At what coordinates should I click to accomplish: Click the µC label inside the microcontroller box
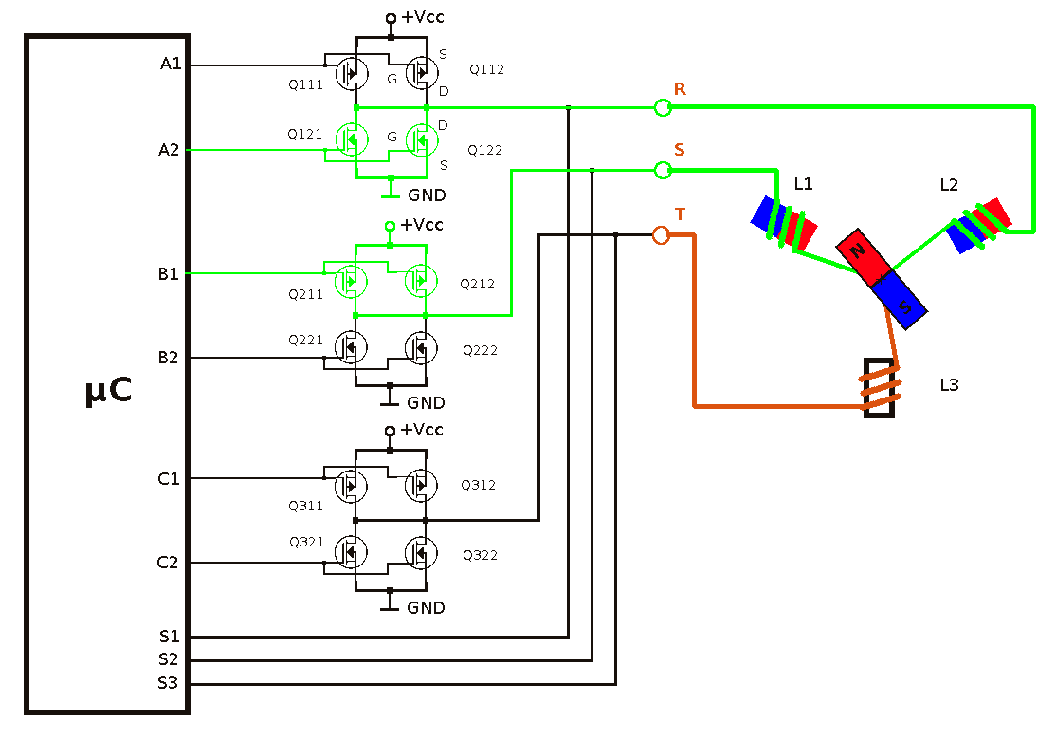[x=108, y=390]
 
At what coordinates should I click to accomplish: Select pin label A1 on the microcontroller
[x=171, y=64]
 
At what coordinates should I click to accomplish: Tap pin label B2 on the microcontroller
[x=169, y=358]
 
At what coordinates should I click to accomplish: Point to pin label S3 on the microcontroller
[x=169, y=683]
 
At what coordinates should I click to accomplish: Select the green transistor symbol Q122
[x=422, y=140]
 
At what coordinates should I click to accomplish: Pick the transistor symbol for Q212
[x=421, y=281]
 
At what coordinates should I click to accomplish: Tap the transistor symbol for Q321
[x=351, y=552]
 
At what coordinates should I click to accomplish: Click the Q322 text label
[x=481, y=555]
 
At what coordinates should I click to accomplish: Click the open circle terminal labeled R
[x=663, y=107]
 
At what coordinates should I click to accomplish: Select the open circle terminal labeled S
[x=663, y=171]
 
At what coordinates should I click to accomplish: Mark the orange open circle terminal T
[x=662, y=235]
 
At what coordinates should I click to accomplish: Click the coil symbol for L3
[x=880, y=388]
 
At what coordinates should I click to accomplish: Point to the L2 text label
[x=949, y=185]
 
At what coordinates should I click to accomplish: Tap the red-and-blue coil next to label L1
[x=784, y=223]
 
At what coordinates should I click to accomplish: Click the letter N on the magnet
[x=857, y=250]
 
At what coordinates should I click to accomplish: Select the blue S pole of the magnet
[x=900, y=300]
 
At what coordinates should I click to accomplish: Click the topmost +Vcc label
[x=422, y=17]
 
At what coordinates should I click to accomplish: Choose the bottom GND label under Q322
[x=426, y=607]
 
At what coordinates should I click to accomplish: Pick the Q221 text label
[x=306, y=340]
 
